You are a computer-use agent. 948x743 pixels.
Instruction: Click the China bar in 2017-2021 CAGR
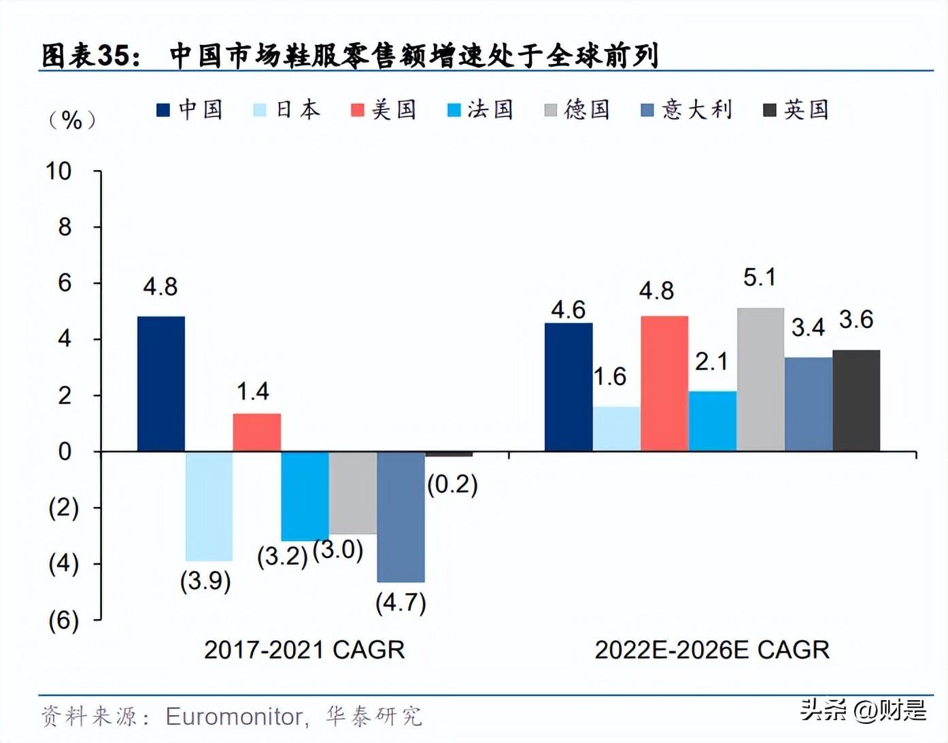coord(161,384)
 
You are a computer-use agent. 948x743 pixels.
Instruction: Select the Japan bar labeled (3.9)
coord(209,506)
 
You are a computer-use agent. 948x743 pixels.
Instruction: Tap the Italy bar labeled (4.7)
coord(401,516)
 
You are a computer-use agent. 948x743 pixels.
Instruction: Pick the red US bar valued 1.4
coord(257,432)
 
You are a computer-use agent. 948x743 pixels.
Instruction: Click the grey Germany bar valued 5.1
coord(760,380)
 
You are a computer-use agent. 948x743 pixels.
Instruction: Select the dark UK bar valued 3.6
coord(856,401)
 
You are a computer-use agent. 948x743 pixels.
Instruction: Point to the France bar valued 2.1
coord(712,421)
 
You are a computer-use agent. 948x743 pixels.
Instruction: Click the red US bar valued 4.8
coord(664,384)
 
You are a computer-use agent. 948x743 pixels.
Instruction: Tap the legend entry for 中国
coord(190,110)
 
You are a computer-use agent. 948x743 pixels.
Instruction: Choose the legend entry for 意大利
coord(686,110)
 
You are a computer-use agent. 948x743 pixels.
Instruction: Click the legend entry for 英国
coord(796,110)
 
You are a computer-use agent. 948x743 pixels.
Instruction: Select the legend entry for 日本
coord(286,110)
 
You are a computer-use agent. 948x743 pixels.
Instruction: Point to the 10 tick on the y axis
coord(59,171)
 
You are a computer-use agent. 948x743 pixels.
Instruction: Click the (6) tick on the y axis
coord(63,620)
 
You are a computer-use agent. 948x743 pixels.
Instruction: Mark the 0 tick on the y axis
coord(65,451)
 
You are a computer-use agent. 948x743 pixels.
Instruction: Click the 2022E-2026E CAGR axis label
coord(712,650)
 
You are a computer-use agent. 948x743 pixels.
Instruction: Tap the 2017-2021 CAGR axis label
coord(304,650)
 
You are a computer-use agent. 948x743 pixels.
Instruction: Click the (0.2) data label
coord(452,484)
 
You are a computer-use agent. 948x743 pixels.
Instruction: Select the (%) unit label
coord(71,120)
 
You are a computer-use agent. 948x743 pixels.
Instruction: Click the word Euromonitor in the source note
coord(235,716)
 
